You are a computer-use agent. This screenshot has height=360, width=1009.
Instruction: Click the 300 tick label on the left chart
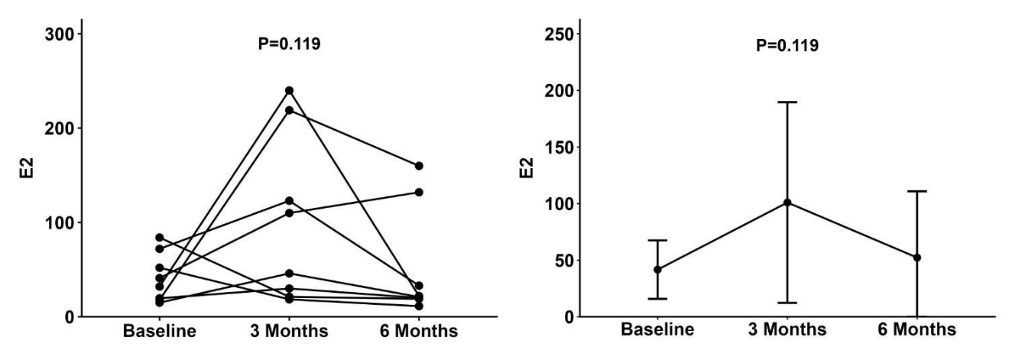coord(59,34)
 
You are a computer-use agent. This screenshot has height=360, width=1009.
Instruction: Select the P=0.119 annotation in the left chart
coord(289,44)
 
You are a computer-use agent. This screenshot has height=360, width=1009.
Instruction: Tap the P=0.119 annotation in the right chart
coord(787,46)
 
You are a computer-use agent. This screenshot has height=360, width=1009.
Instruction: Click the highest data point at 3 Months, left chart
coord(289,90)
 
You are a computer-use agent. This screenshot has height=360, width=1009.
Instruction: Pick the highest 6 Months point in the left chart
coord(419,166)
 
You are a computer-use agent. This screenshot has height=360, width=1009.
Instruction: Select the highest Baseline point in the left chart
coord(160,238)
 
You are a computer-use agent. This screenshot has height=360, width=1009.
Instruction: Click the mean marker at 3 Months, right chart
coord(787,203)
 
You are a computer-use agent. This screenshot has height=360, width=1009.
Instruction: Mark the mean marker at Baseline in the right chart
coord(657,270)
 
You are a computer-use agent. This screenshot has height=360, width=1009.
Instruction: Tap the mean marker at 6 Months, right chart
coord(917,258)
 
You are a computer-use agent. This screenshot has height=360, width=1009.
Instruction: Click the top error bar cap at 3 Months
coord(787,102)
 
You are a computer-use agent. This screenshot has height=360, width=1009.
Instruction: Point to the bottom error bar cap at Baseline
coord(657,299)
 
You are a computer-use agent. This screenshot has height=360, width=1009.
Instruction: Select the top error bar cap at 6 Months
coord(917,192)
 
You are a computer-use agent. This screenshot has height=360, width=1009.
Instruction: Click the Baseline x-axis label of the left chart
coord(160,331)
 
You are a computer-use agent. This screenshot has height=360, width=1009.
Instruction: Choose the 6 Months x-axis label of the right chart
coord(917,329)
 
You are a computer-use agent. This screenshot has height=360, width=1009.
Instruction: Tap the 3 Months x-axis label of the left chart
coord(289,331)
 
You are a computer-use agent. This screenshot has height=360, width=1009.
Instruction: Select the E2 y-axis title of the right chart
coord(526,168)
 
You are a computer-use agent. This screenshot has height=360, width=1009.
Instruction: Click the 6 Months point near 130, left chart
coord(419,193)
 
